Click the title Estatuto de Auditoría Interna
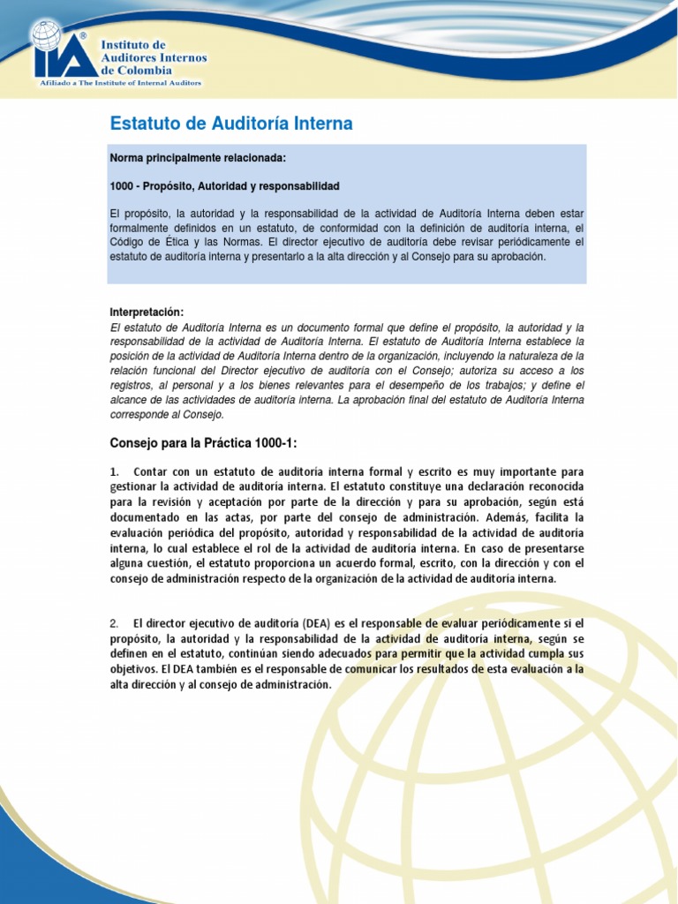pos(230,124)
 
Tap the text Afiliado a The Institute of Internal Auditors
pos(119,83)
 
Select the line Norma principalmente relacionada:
pos(198,157)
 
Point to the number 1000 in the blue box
pos(121,186)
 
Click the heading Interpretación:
pos(147,313)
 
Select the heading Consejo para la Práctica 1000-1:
pos(209,441)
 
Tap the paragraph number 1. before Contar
pos(114,471)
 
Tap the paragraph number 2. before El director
pos(114,623)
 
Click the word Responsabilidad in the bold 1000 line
pos(300,186)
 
